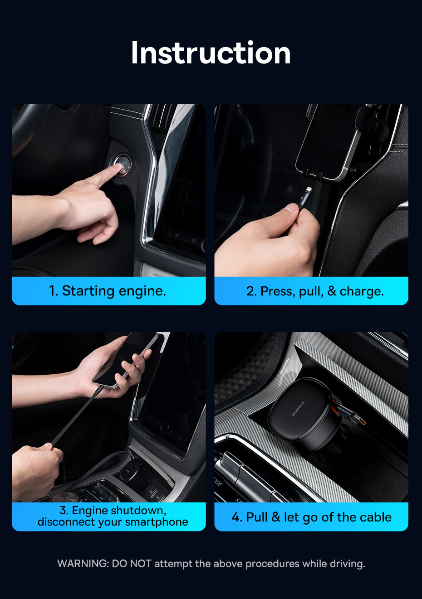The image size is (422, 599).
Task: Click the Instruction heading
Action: point(211,53)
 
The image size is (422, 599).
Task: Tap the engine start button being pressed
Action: point(122,165)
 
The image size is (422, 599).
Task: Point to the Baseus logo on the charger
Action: point(298,408)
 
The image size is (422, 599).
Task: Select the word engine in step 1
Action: point(142,291)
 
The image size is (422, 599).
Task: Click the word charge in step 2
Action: point(362,291)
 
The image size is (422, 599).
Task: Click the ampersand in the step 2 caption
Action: point(332,291)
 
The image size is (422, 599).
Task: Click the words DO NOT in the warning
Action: point(132,564)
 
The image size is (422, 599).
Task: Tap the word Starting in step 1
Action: point(88,291)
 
